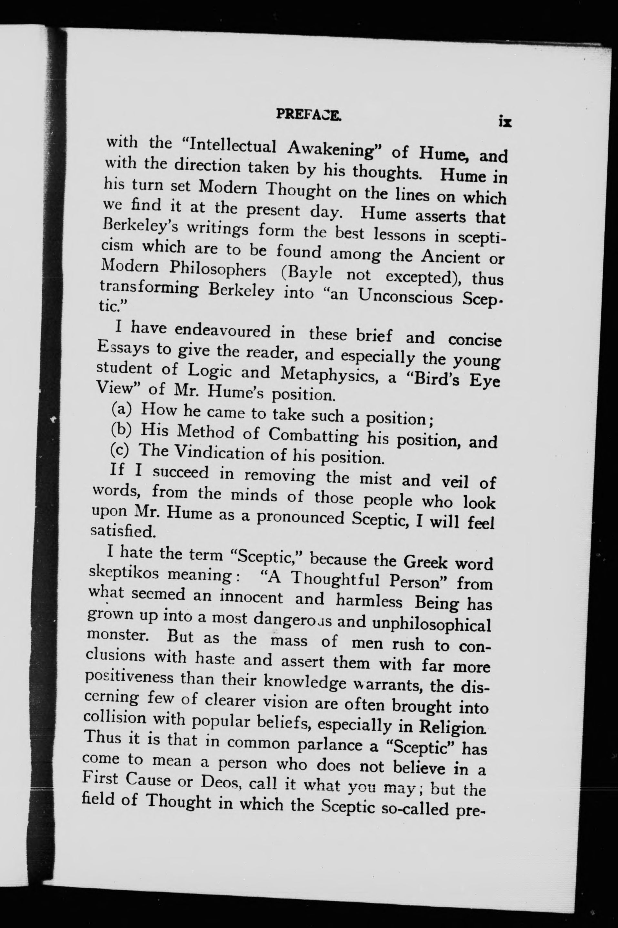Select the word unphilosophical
pyautogui.click(x=432, y=624)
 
